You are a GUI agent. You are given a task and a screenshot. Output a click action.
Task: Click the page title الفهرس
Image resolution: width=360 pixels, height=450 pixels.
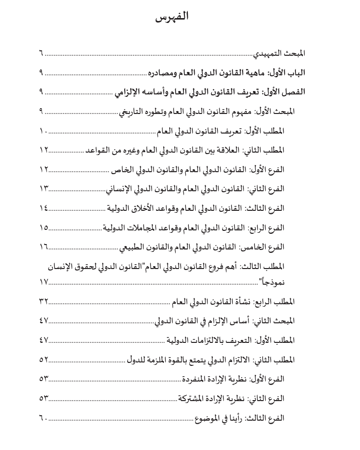pos(172,18)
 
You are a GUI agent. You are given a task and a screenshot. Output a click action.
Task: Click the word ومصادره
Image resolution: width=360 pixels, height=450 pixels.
pos(163,72)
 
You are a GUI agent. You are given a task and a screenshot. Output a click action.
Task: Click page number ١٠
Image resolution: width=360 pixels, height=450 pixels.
pos(43,131)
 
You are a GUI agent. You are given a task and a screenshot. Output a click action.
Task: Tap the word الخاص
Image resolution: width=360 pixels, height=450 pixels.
pos(119,170)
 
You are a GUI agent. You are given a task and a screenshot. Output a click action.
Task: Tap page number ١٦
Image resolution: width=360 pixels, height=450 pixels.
pos(44,247)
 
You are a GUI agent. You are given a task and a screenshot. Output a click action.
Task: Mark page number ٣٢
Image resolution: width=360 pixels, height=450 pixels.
pos(44,301)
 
